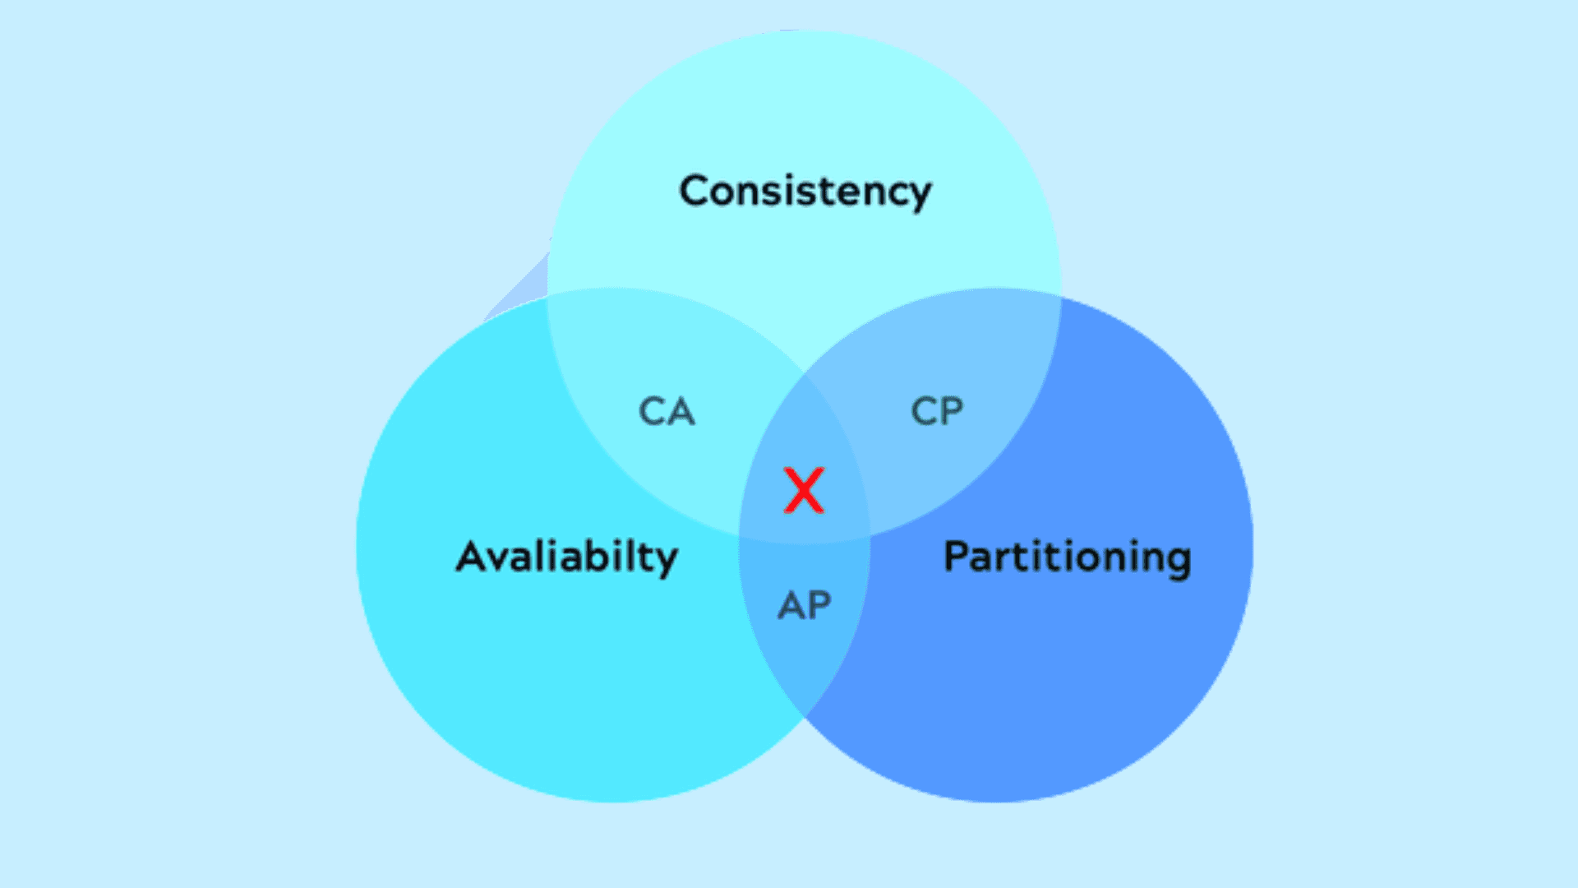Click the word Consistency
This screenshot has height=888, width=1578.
point(805,192)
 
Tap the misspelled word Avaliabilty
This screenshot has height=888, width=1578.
point(566,557)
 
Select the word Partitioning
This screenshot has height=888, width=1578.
point(1067,557)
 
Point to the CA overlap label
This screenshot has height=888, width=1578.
point(667,412)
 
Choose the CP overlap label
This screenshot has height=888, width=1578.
point(936,411)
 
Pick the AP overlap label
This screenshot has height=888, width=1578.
point(805,606)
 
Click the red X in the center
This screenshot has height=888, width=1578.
point(804,491)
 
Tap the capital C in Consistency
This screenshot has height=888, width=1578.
point(694,191)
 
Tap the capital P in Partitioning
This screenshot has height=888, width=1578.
point(957,557)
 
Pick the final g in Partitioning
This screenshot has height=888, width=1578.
point(1178,562)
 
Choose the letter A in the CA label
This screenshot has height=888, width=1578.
point(681,412)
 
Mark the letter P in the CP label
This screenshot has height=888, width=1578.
point(950,411)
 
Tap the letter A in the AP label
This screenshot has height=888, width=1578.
point(791,606)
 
